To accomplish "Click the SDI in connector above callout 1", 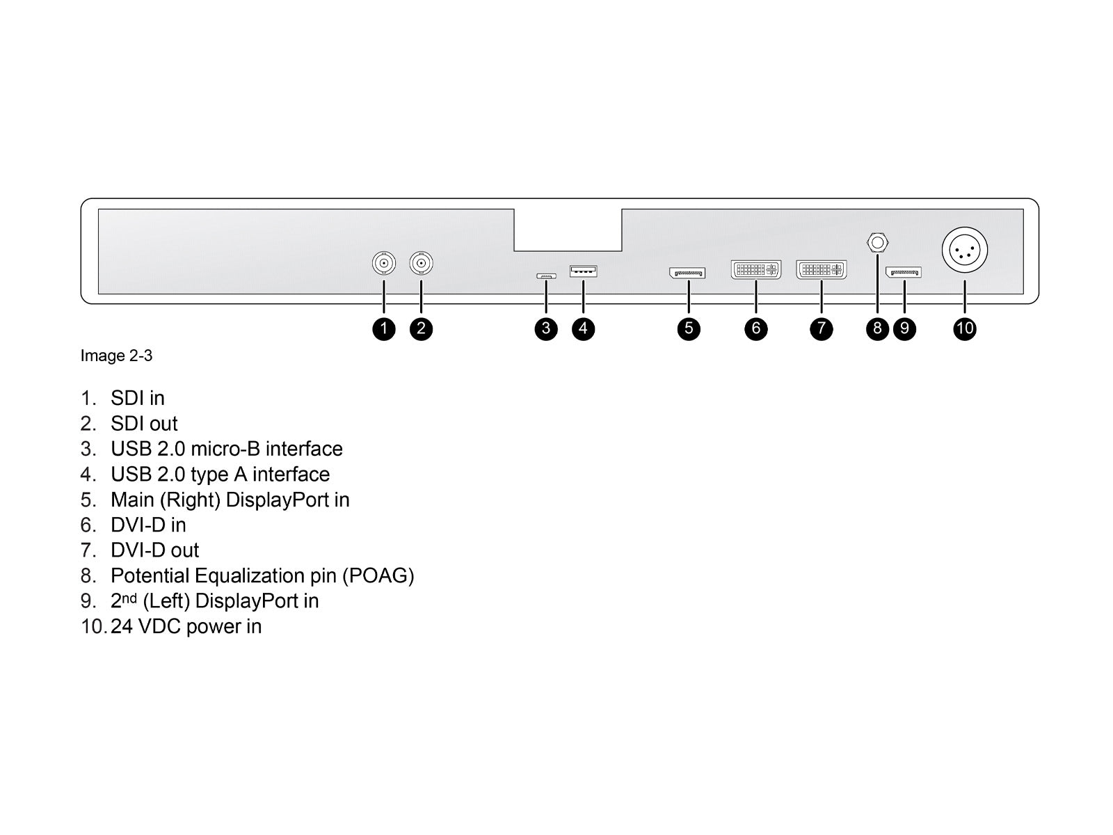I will pyautogui.click(x=383, y=264).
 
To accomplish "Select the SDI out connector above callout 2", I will pyautogui.click(x=421, y=264).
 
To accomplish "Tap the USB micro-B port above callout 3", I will pyautogui.click(x=546, y=276).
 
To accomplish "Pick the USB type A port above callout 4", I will pyautogui.click(x=583, y=271).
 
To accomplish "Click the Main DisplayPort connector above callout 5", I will pyautogui.click(x=687, y=273).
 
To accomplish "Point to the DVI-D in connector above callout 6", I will pyautogui.click(x=756, y=269).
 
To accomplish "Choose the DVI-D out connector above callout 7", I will pyautogui.click(x=822, y=269).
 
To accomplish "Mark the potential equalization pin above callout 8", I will pyautogui.click(x=877, y=243).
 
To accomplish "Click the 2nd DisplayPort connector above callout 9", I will pyautogui.click(x=904, y=271).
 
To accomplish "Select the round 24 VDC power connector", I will pyautogui.click(x=965, y=251).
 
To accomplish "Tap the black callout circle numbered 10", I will pyautogui.click(x=965, y=328).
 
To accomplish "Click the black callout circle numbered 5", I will pyautogui.click(x=689, y=328).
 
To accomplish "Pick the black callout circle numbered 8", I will pyautogui.click(x=877, y=328).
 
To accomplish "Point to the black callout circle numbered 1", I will pyautogui.click(x=384, y=328).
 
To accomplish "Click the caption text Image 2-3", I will pyautogui.click(x=116, y=356).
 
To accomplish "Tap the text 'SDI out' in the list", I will pyautogui.click(x=144, y=424).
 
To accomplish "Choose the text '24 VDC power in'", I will pyautogui.click(x=186, y=627).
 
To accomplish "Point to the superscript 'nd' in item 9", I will pyautogui.click(x=129, y=598).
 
